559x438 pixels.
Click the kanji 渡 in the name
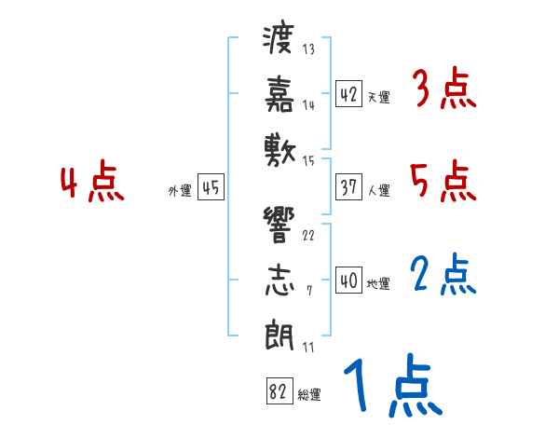pyautogui.click(x=279, y=39)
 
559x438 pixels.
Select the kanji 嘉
pyautogui.click(x=279, y=94)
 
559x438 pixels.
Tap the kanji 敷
pyautogui.click(x=279, y=151)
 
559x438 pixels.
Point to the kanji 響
pyautogui.click(x=279, y=226)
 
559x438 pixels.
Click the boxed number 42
pyautogui.click(x=348, y=94)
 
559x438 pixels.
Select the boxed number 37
pyautogui.click(x=348, y=187)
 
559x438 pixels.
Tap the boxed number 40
pyautogui.click(x=348, y=280)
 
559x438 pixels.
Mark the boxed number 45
pyautogui.click(x=211, y=187)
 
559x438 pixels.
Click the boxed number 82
pyautogui.click(x=279, y=390)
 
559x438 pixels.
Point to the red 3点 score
pyautogui.click(x=444, y=89)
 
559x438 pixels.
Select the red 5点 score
pyautogui.click(x=443, y=181)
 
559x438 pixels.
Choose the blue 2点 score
pyautogui.click(x=443, y=274)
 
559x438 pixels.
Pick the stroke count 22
pyautogui.click(x=308, y=236)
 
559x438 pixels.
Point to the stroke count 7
pyautogui.click(x=309, y=291)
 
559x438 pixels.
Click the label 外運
pyautogui.click(x=180, y=191)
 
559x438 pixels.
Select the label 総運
pyautogui.click(x=308, y=395)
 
